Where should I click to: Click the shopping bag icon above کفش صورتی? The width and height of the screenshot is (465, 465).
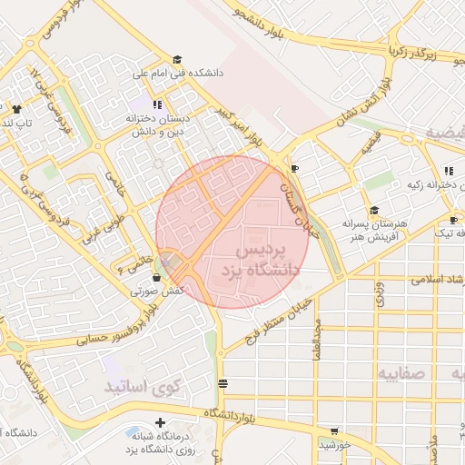click(x=157, y=277)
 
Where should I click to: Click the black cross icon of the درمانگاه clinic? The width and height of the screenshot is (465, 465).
click(x=161, y=422)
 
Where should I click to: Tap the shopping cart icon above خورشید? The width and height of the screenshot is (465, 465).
click(x=334, y=430)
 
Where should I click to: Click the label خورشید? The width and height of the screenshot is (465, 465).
click(x=334, y=445)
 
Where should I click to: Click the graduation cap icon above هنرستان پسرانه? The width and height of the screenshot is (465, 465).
click(x=374, y=210)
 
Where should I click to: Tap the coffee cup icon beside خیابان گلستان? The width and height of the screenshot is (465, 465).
click(x=294, y=169)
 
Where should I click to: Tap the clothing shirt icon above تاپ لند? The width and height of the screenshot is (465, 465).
click(x=15, y=109)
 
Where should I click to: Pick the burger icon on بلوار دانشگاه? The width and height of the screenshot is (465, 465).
click(x=223, y=384)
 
